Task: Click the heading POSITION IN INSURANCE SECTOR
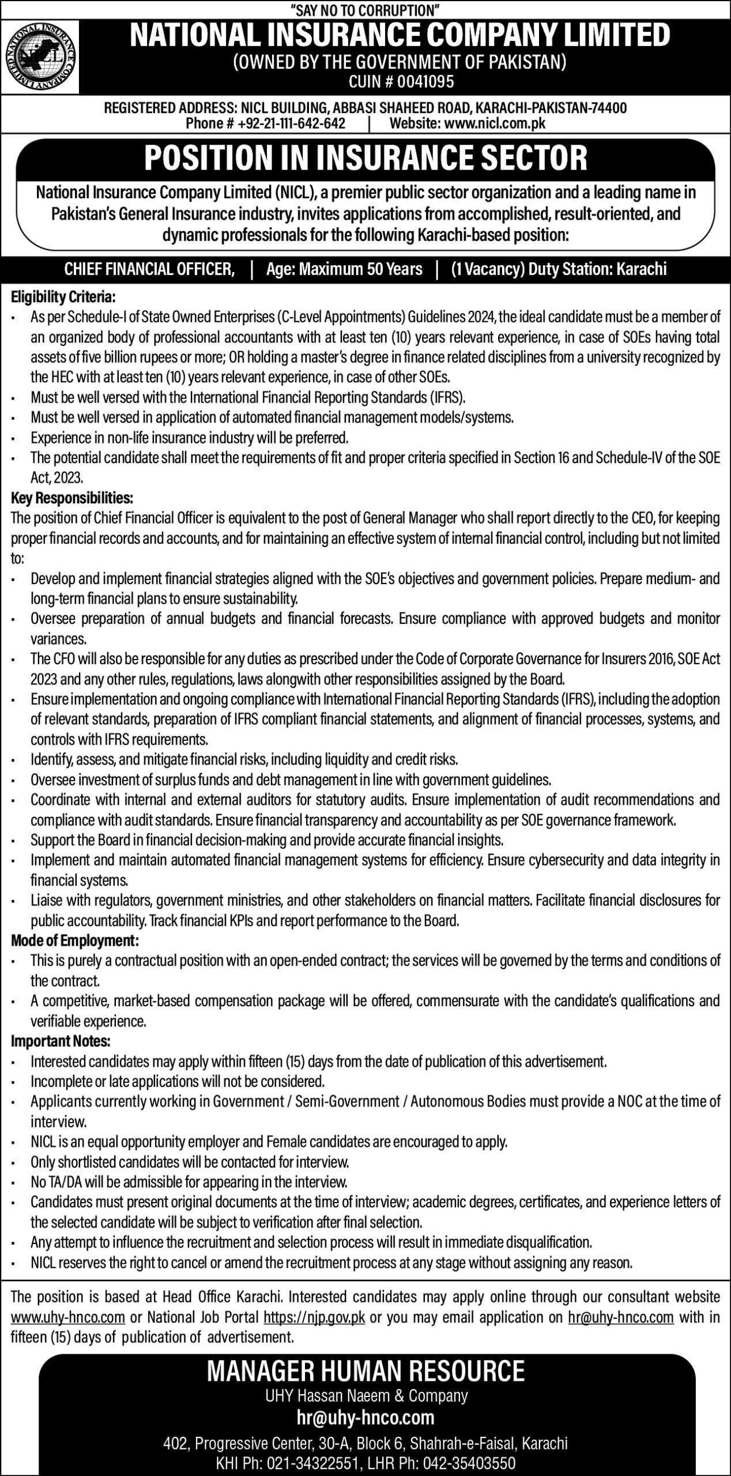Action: click(365, 158)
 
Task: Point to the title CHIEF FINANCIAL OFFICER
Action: click(149, 269)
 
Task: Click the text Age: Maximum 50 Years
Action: click(344, 269)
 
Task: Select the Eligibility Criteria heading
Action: click(63, 298)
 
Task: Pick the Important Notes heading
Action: click(61, 1041)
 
